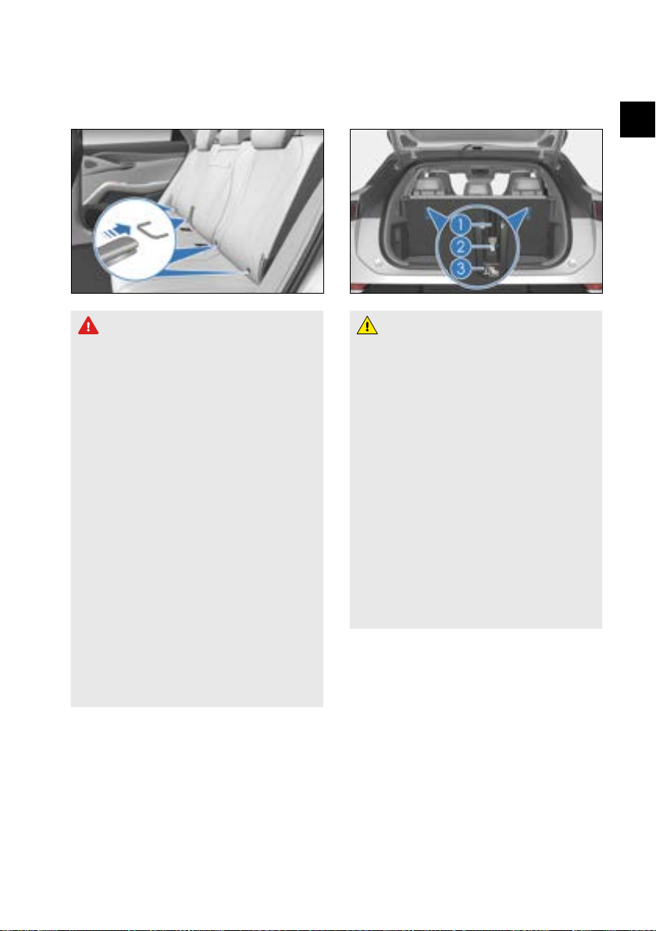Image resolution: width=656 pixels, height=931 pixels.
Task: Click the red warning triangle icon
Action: pyautogui.click(x=88, y=326)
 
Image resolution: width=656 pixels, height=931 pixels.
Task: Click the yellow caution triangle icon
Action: pyautogui.click(x=368, y=326)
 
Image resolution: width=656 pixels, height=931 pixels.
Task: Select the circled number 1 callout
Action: pyautogui.click(x=461, y=225)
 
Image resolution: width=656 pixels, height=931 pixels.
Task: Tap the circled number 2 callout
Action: pyautogui.click(x=461, y=247)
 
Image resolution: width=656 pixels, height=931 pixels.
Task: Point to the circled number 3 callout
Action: pyautogui.click(x=461, y=269)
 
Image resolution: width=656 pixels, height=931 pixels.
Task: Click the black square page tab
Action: pyautogui.click(x=637, y=119)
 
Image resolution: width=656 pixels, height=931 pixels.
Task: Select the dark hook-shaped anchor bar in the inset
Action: pyautogui.click(x=152, y=230)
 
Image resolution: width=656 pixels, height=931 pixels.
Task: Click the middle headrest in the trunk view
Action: pyautogui.click(x=476, y=184)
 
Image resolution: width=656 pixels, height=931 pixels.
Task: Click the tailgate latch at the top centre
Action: pyautogui.click(x=476, y=146)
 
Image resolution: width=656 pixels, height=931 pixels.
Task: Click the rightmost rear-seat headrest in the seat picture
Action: pyautogui.click(x=264, y=140)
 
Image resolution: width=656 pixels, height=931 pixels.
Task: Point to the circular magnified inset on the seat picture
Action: pyautogui.click(x=134, y=239)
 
